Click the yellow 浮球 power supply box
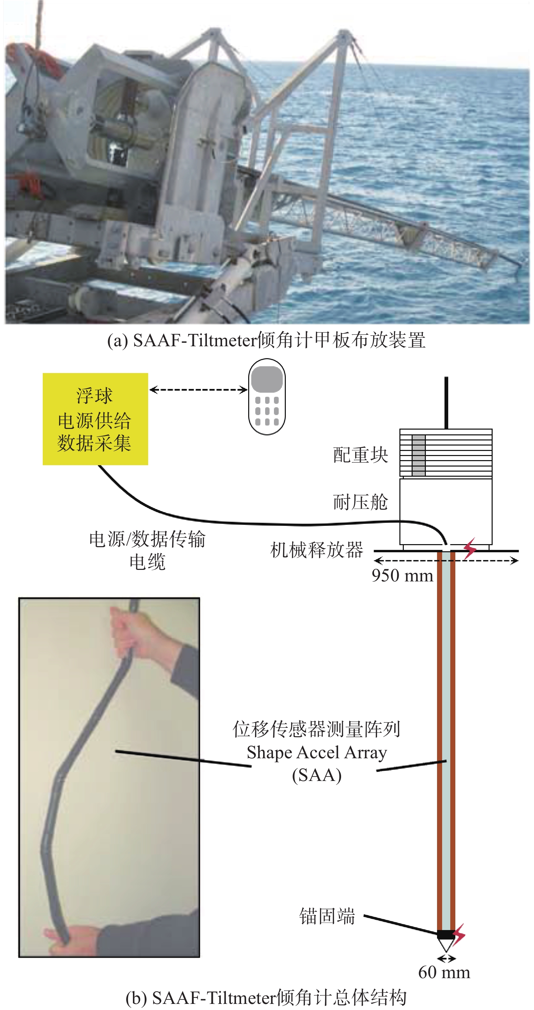95,419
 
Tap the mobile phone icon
267,396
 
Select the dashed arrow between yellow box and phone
199,389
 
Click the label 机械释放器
317,550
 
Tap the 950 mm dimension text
402,576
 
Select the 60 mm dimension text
444,972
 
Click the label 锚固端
327,916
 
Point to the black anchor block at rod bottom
446,934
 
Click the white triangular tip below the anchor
446,946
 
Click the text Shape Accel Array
317,753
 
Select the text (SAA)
317,775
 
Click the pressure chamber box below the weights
446,511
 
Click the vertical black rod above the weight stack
446,403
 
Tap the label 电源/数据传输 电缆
147,551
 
